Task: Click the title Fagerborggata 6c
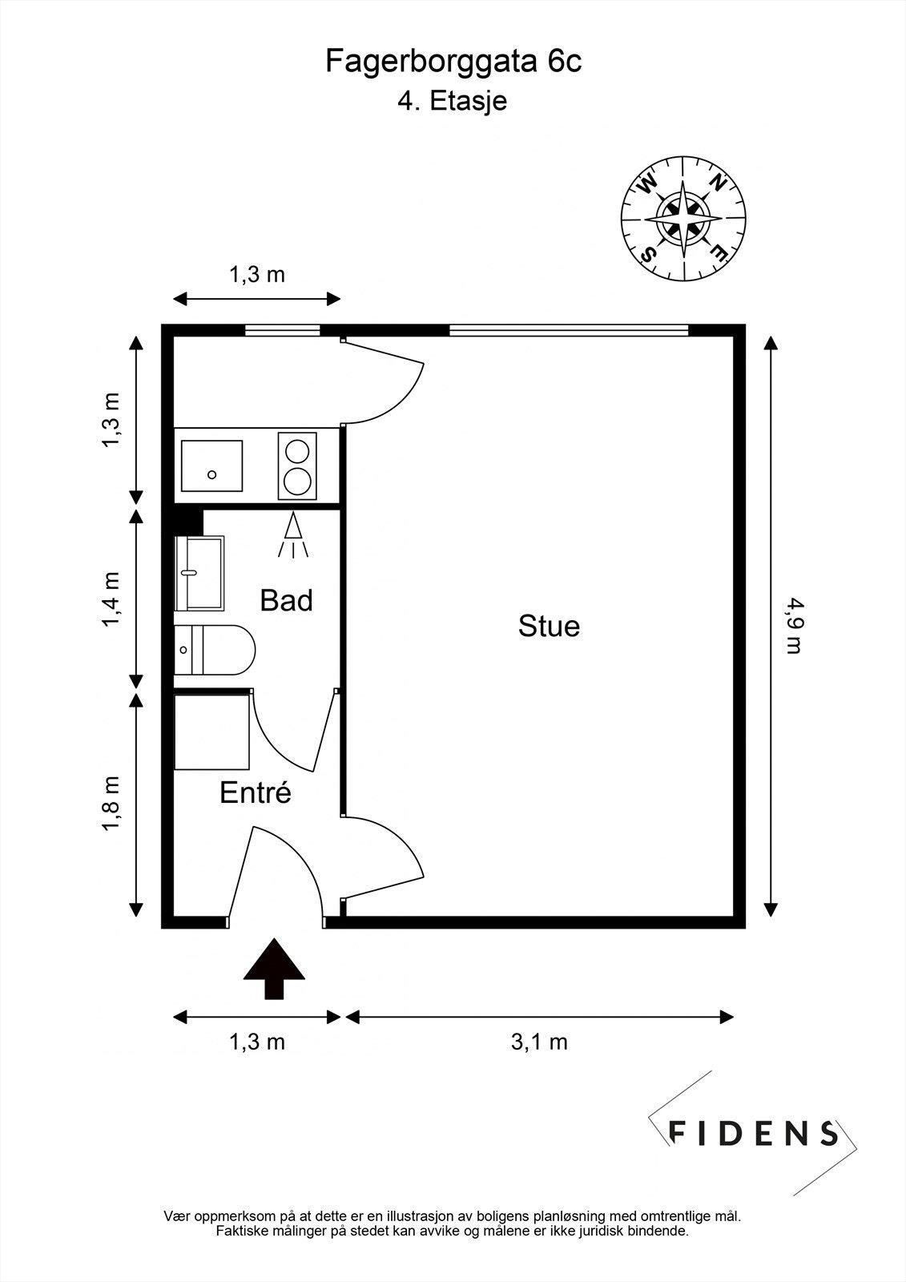click(453, 62)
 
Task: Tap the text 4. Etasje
click(452, 102)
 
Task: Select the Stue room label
click(549, 626)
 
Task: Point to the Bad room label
click(286, 600)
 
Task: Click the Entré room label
click(256, 792)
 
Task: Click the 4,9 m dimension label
click(795, 626)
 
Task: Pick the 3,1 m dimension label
click(539, 1042)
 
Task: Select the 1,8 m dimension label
click(111, 804)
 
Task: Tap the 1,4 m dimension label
click(111, 599)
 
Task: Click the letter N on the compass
click(718, 183)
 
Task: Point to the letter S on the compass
click(649, 252)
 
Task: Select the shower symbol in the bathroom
click(293, 535)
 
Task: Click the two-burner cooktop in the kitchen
click(298, 466)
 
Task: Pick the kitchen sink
click(211, 466)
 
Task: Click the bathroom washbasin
click(199, 574)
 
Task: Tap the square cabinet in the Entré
click(211, 732)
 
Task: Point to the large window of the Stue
click(568, 330)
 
